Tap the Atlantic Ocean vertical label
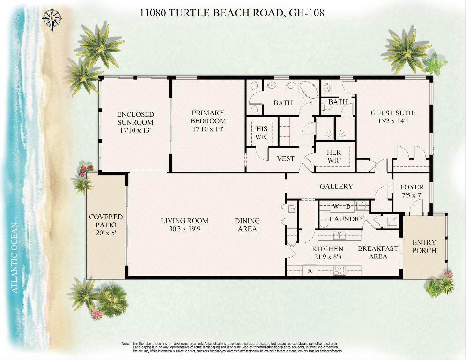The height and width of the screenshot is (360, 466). (15, 257)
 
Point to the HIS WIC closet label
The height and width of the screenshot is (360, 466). (262, 133)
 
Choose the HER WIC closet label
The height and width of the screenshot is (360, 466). (334, 157)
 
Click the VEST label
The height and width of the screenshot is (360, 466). (286, 158)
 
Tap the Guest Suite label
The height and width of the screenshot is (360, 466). (393, 117)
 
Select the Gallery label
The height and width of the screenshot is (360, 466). (336, 187)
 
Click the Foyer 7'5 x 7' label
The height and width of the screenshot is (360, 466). (412, 191)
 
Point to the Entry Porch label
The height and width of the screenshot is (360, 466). (424, 247)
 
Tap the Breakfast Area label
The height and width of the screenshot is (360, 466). (378, 252)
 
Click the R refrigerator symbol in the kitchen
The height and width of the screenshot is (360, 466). (310, 270)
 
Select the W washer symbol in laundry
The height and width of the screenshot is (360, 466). (336, 206)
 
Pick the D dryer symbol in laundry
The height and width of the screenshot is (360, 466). (348, 206)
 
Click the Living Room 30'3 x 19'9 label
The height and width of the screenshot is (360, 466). (185, 225)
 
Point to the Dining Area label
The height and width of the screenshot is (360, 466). (247, 225)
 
